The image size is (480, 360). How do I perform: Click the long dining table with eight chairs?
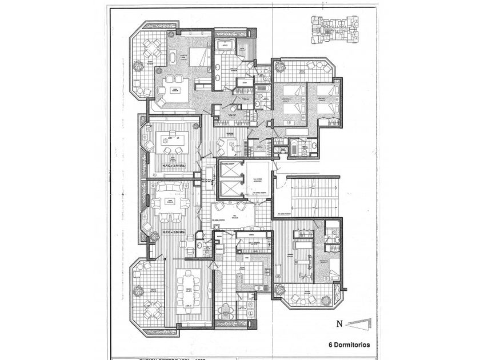tap(187, 289)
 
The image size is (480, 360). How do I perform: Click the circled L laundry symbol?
tap(250, 314)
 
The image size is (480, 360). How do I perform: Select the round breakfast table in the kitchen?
tap(226, 312)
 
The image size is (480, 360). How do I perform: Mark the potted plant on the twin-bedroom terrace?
tap(279, 66)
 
